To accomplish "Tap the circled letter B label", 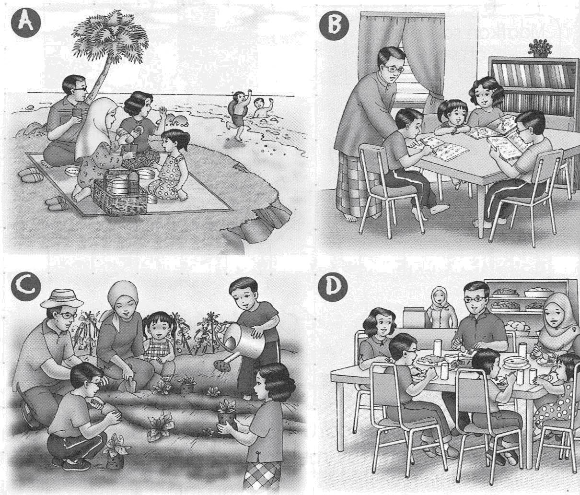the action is tap(334, 26).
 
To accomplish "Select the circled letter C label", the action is tap(26, 287).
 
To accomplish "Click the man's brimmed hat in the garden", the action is tap(62, 299).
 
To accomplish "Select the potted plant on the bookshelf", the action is tap(540, 49).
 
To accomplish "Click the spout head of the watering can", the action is tap(221, 365).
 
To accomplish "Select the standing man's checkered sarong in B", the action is tap(358, 185).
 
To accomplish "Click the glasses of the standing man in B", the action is tap(394, 69).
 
